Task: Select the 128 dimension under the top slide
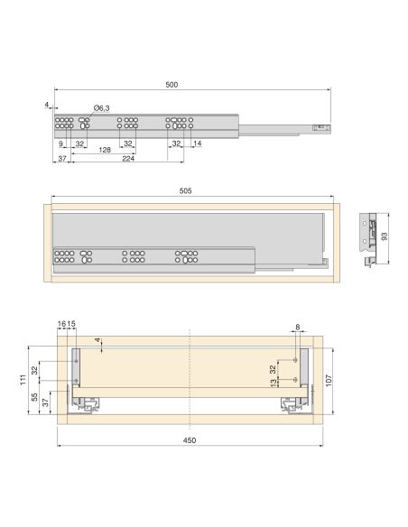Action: click(x=105, y=151)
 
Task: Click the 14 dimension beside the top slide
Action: click(x=197, y=143)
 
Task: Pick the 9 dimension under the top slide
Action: click(x=61, y=143)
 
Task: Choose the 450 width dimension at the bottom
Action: click(x=189, y=440)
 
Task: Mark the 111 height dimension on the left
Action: click(x=23, y=383)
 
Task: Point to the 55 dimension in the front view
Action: click(x=34, y=397)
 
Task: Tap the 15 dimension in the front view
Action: click(x=72, y=323)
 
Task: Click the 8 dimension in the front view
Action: click(x=296, y=328)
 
